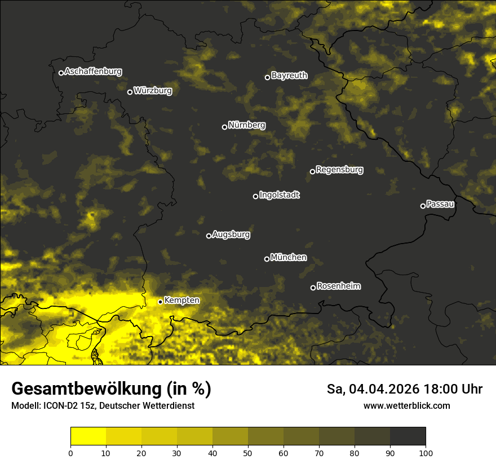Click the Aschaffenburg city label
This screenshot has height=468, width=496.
pyautogui.click(x=93, y=72)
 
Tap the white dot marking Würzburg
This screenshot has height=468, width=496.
pyautogui.click(x=130, y=92)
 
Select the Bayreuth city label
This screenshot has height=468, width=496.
pyautogui.click(x=289, y=76)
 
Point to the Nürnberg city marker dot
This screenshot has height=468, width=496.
pyautogui.click(x=224, y=127)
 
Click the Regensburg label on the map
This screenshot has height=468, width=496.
pyautogui.click(x=339, y=170)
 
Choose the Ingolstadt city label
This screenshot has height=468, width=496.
pyautogui.click(x=280, y=195)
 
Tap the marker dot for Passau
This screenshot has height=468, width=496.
pyautogui.click(x=423, y=206)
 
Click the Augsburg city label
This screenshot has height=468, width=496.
pyautogui.click(x=231, y=235)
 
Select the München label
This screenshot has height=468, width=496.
pyautogui.click(x=289, y=258)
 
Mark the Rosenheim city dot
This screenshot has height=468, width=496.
pyautogui.click(x=313, y=288)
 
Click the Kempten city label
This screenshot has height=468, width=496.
pyautogui.click(x=181, y=301)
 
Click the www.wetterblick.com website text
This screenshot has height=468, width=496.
pyautogui.click(x=406, y=405)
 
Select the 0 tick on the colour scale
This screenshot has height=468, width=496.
pyautogui.click(x=70, y=453)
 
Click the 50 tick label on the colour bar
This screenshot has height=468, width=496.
pyautogui.click(x=248, y=453)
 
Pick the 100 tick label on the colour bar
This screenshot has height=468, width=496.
pyautogui.click(x=426, y=453)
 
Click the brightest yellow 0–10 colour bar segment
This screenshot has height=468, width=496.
pyautogui.click(x=88, y=436)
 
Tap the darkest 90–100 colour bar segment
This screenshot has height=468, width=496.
pyautogui.click(x=408, y=436)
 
